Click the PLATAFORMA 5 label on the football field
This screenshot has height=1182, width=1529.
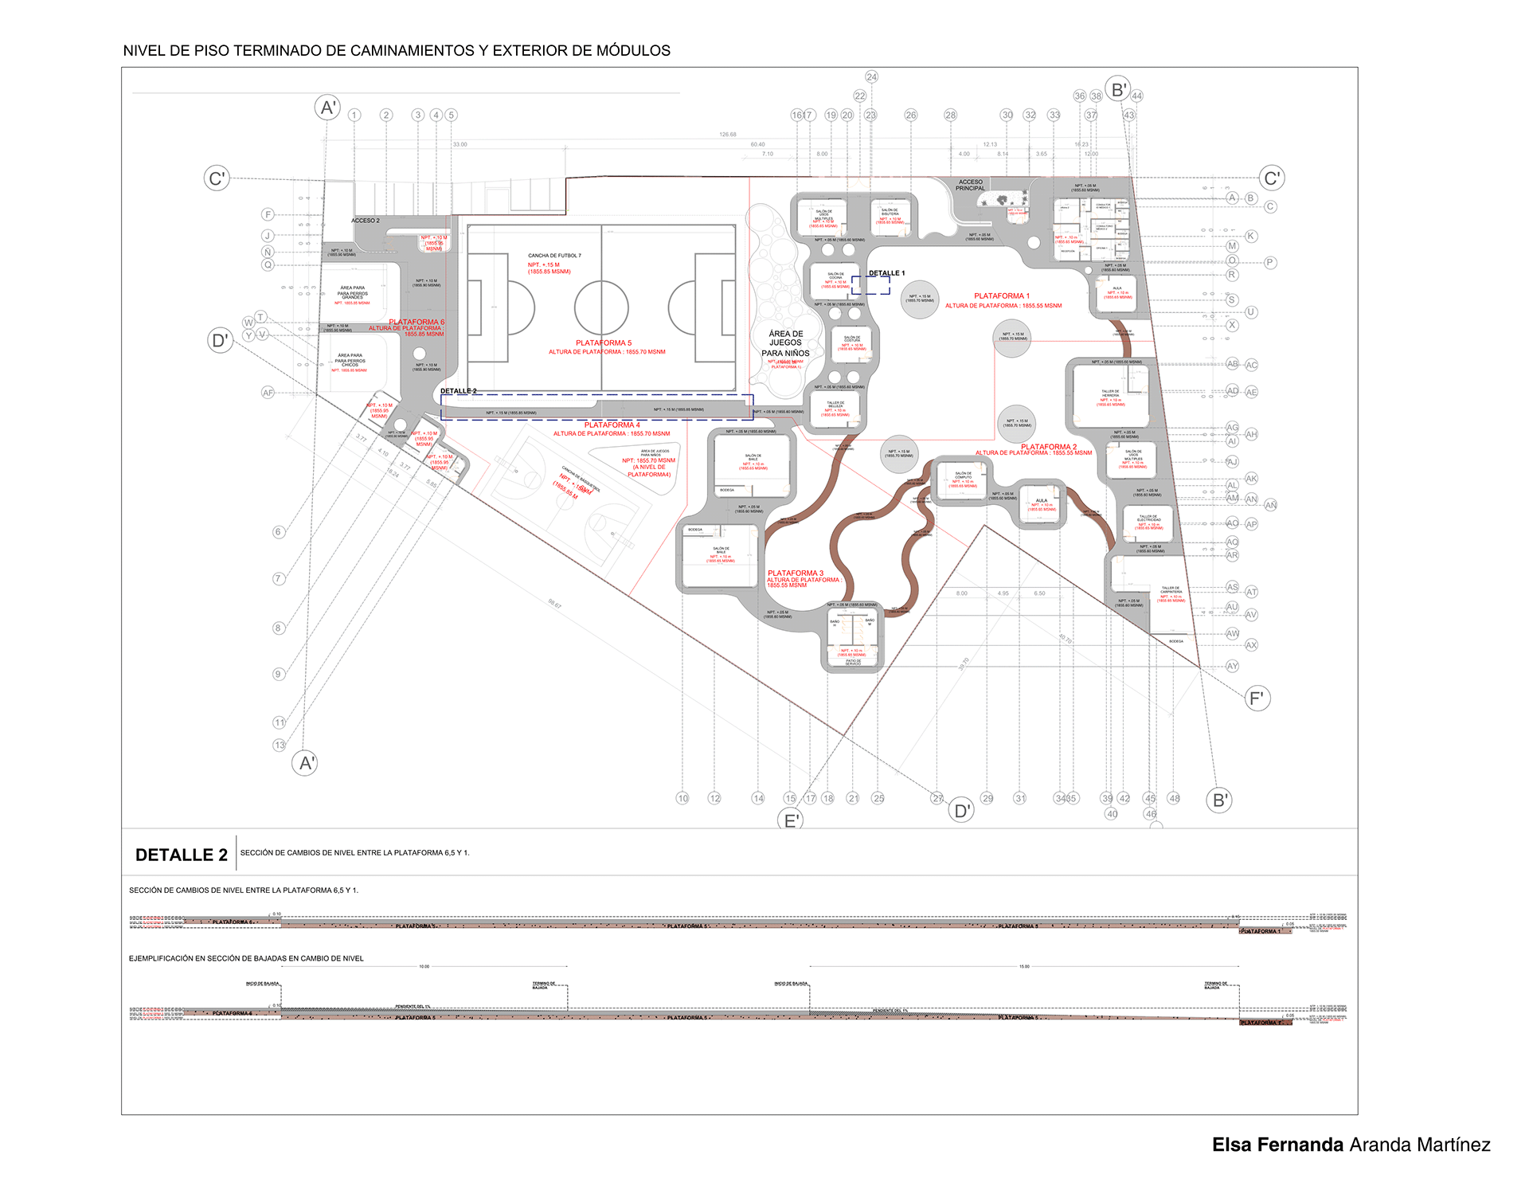604,343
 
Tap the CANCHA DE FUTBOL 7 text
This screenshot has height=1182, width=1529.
554,256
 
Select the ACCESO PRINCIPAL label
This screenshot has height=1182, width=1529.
970,185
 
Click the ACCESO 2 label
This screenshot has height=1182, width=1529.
366,221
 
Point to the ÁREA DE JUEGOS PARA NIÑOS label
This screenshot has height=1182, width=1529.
785,343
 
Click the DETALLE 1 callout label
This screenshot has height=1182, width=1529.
886,273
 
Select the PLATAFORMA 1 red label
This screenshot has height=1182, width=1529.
1001,296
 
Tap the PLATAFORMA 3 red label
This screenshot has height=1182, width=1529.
795,573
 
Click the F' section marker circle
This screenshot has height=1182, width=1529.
1257,699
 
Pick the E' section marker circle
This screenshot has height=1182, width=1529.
792,820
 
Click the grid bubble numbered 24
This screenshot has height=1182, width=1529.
871,77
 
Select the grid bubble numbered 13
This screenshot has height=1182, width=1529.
280,746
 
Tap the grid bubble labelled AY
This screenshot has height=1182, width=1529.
1232,666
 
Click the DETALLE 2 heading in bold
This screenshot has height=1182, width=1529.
182,855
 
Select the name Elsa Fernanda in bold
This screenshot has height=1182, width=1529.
1277,1145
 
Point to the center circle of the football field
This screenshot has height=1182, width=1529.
601,307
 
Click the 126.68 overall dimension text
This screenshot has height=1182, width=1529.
728,135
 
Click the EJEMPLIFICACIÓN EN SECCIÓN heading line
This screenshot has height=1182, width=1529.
246,959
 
